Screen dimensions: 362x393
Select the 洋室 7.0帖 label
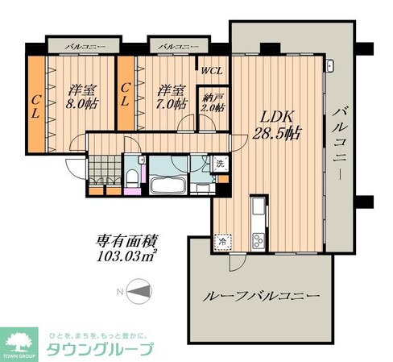point(170,97)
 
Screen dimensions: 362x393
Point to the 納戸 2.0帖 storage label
point(213,102)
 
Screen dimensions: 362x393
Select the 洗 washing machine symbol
point(220,164)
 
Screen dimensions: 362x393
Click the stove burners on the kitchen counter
point(259,239)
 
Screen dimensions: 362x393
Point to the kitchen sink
point(259,211)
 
